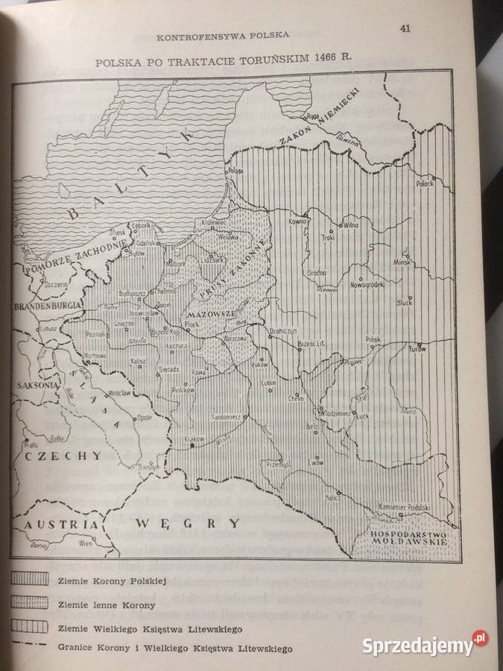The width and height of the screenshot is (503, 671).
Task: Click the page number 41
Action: [x=405, y=29]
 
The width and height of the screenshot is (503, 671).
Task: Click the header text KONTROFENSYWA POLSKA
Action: [x=223, y=34]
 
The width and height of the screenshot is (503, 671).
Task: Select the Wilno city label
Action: [x=352, y=224]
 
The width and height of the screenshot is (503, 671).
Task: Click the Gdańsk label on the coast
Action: [x=146, y=243]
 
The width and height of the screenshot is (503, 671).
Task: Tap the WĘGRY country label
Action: [x=188, y=523]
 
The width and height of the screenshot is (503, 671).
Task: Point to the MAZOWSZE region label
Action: [x=213, y=315]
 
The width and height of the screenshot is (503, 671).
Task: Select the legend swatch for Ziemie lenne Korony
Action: [x=30, y=605]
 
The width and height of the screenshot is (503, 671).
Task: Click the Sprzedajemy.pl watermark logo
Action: [x=426, y=644]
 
